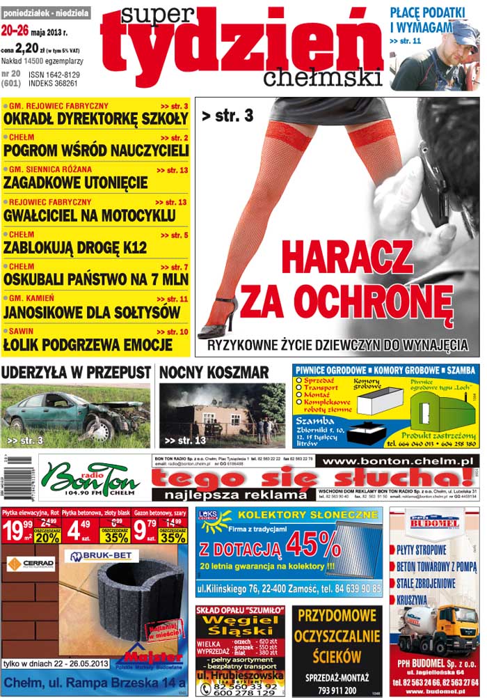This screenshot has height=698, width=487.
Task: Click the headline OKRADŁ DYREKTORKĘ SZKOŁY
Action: (96, 118)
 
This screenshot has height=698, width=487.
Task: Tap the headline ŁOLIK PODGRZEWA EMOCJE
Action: (88, 344)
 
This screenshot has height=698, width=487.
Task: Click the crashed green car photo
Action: (76, 416)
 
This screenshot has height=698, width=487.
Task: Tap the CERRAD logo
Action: (29, 563)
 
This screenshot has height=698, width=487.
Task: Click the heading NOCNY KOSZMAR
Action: (214, 372)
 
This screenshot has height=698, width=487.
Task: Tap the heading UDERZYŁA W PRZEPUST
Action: (76, 372)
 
